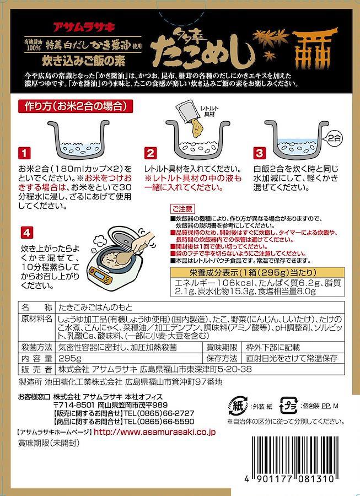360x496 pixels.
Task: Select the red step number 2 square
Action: pyautogui.click(x=150, y=153)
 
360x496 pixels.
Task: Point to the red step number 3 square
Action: pyautogui.click(x=259, y=153)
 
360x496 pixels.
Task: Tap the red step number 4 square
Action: pyautogui.click(x=27, y=234)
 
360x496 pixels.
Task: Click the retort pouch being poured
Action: pyautogui.click(x=191, y=116)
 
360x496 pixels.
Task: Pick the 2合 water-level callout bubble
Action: pyautogui.click(x=333, y=138)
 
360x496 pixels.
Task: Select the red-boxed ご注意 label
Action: pyautogui.click(x=182, y=208)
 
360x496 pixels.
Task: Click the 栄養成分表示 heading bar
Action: pyautogui.click(x=257, y=272)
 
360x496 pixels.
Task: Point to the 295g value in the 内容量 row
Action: pyautogui.click(x=70, y=358)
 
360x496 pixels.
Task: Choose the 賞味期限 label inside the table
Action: pyautogui.click(x=222, y=347)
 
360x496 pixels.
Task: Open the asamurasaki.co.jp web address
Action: pyautogui.click(x=155, y=432)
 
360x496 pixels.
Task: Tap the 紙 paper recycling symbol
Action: pyautogui.click(x=238, y=406)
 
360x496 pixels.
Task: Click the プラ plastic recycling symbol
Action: pyautogui.click(x=289, y=406)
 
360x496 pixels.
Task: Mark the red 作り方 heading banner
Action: pyautogui.click(x=75, y=106)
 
